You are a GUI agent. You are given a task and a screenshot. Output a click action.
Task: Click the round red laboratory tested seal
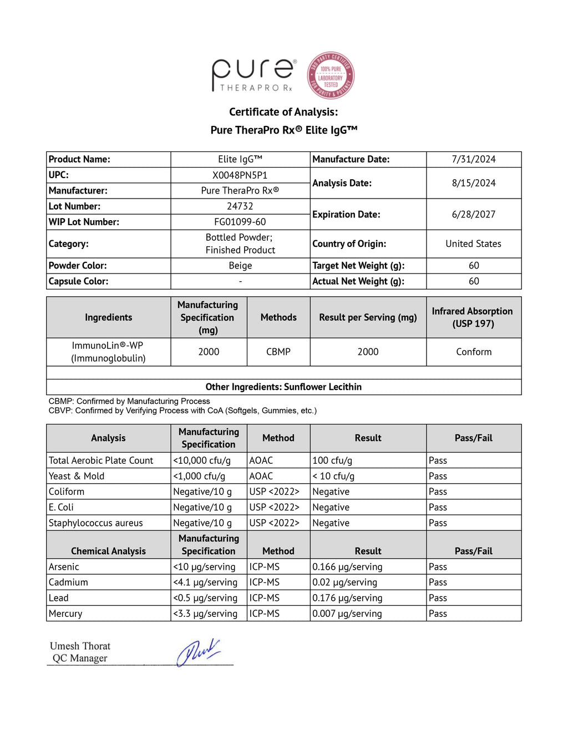coord(331,76)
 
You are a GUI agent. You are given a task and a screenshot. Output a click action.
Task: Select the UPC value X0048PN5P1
coord(240,175)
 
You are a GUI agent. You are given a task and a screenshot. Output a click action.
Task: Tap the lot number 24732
coord(240,206)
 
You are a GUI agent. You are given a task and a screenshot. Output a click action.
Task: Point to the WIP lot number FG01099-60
coord(240,222)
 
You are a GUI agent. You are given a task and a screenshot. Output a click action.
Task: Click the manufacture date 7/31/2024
coord(473,159)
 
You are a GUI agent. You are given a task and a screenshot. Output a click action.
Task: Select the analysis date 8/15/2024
coord(473,183)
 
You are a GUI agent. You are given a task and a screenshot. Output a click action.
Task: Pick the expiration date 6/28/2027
coord(473,214)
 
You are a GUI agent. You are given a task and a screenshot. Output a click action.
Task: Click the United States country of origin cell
coord(473,244)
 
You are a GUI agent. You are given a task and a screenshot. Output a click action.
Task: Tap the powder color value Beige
coord(240,266)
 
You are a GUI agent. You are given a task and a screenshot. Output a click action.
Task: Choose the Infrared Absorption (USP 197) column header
coord(473,317)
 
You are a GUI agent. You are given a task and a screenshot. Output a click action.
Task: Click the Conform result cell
coord(473,352)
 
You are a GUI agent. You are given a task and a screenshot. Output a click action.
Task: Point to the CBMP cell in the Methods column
coord(278,352)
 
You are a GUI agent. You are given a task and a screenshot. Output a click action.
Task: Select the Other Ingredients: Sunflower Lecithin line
coord(283,387)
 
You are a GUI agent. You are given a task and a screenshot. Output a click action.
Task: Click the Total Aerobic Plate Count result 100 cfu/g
coord(332,460)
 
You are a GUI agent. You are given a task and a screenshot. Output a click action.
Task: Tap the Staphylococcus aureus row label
coord(95,523)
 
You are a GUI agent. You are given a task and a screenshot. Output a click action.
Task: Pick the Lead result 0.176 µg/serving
coord(347,598)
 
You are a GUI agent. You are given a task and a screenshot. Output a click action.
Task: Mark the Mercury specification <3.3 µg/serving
coord(205,614)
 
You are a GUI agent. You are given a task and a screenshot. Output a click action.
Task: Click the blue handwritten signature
coord(197,652)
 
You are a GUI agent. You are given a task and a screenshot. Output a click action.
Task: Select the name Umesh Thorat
coord(80,646)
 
